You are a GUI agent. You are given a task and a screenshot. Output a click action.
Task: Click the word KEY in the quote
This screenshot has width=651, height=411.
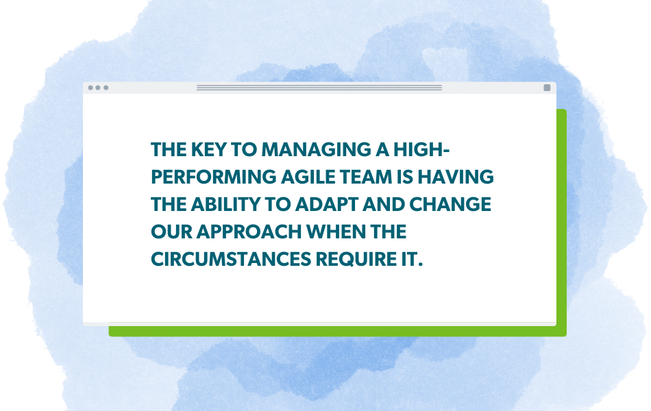tap(204, 149)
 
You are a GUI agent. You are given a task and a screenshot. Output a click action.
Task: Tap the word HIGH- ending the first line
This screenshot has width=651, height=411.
tap(411, 149)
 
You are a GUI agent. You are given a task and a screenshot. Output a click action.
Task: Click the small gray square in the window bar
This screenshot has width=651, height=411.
tap(547, 88)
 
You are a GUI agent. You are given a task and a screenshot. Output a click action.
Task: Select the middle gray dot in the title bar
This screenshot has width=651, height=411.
tap(98, 88)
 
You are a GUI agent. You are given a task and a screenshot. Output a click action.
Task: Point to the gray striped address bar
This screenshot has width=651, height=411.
tap(319, 88)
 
